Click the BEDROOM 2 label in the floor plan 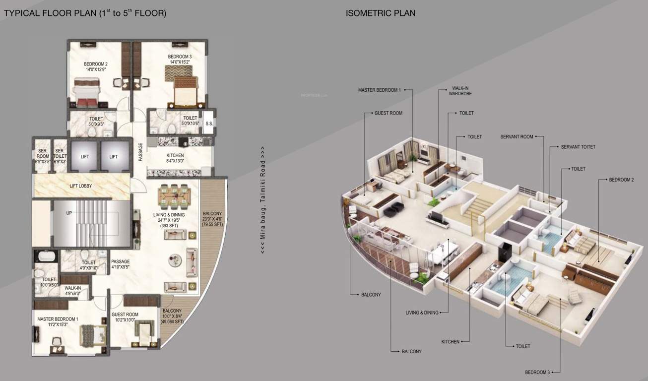(x=96, y=64)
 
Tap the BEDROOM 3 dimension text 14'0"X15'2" (x=180, y=62)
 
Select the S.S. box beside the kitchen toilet (x=209, y=124)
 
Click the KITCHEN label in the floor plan (x=175, y=155)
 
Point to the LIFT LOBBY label (x=80, y=186)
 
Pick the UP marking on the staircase (x=69, y=213)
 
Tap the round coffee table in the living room (x=175, y=258)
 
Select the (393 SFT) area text (x=169, y=226)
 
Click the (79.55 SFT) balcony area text (x=212, y=225)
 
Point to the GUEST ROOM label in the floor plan (x=125, y=315)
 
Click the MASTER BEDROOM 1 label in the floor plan (x=58, y=319)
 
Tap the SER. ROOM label (x=43, y=153)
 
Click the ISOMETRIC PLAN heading (x=381, y=13)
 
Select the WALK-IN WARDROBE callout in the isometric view (x=460, y=90)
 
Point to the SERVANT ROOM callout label (x=517, y=137)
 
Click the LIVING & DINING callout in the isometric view (x=422, y=313)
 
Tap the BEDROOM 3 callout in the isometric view (x=537, y=372)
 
